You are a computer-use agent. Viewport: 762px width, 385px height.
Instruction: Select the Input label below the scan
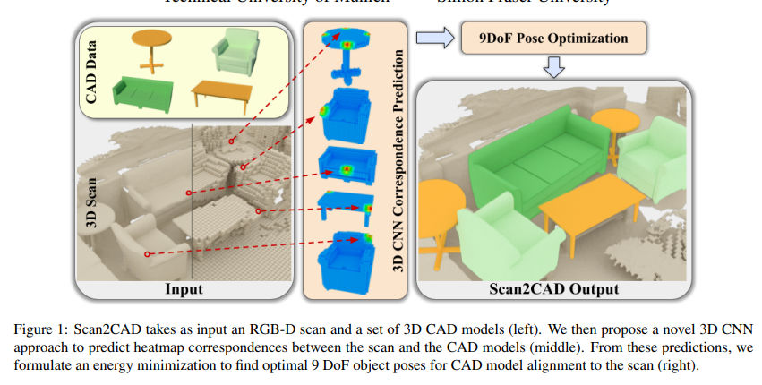pos(184,288)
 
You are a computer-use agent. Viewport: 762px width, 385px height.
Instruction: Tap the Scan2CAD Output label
pos(554,288)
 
